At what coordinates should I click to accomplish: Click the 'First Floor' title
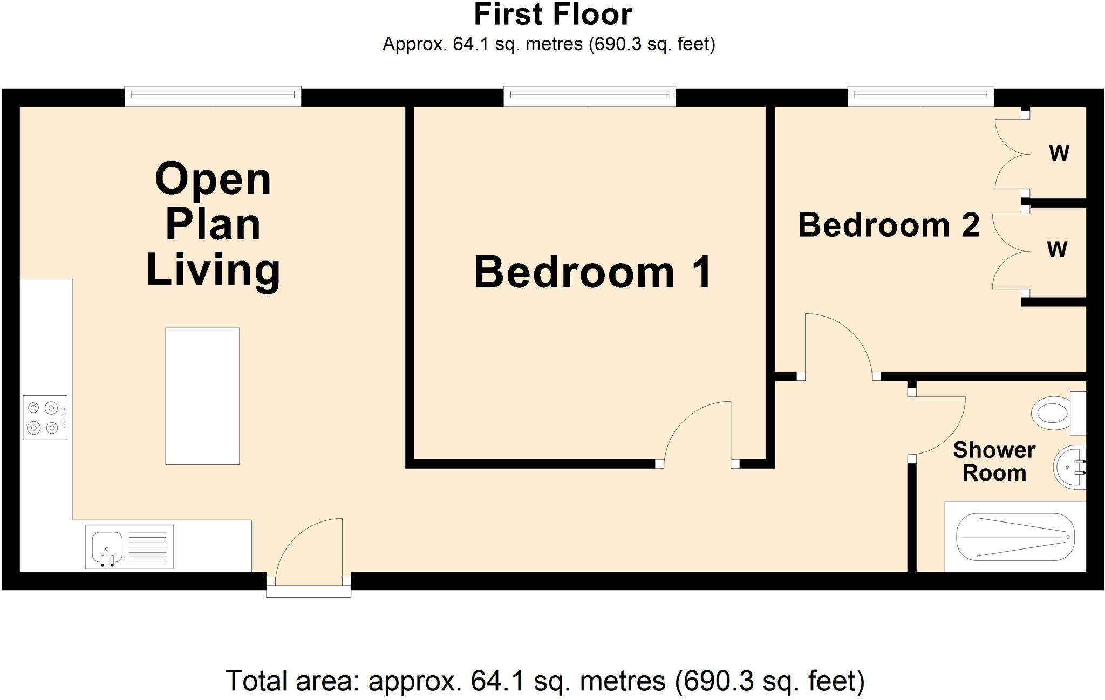click(x=552, y=15)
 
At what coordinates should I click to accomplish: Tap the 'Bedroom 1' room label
click(x=593, y=273)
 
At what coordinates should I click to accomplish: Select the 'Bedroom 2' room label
click(x=889, y=225)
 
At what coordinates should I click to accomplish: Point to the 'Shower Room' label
click(x=994, y=462)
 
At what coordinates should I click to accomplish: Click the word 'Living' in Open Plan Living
click(x=213, y=271)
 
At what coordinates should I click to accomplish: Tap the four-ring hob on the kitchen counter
click(x=45, y=417)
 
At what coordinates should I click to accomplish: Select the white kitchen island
click(x=202, y=396)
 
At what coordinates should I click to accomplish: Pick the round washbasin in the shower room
click(x=1069, y=467)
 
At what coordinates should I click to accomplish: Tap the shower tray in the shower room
click(x=1015, y=537)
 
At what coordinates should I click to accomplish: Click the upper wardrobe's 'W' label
click(x=1059, y=154)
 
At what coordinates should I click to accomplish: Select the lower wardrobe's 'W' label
click(x=1057, y=250)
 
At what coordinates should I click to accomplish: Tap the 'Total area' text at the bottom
click(x=544, y=681)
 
